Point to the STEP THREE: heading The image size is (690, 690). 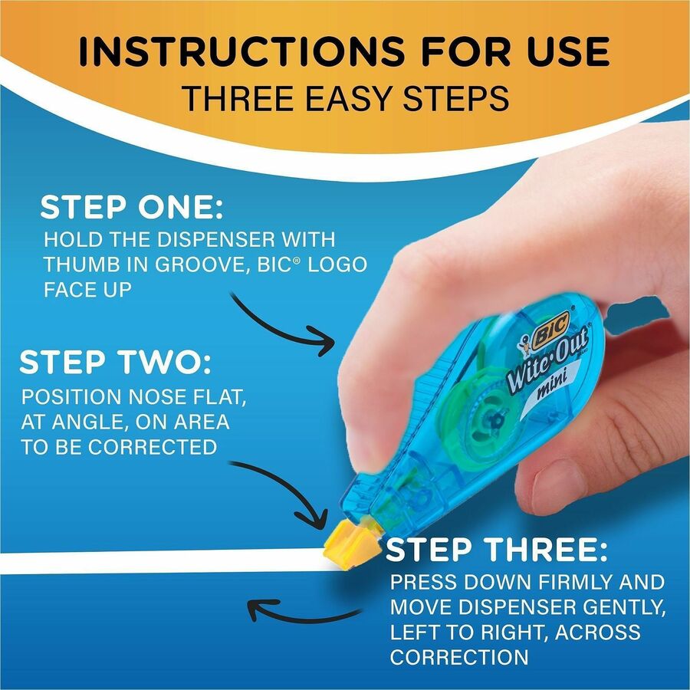click(498, 550)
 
